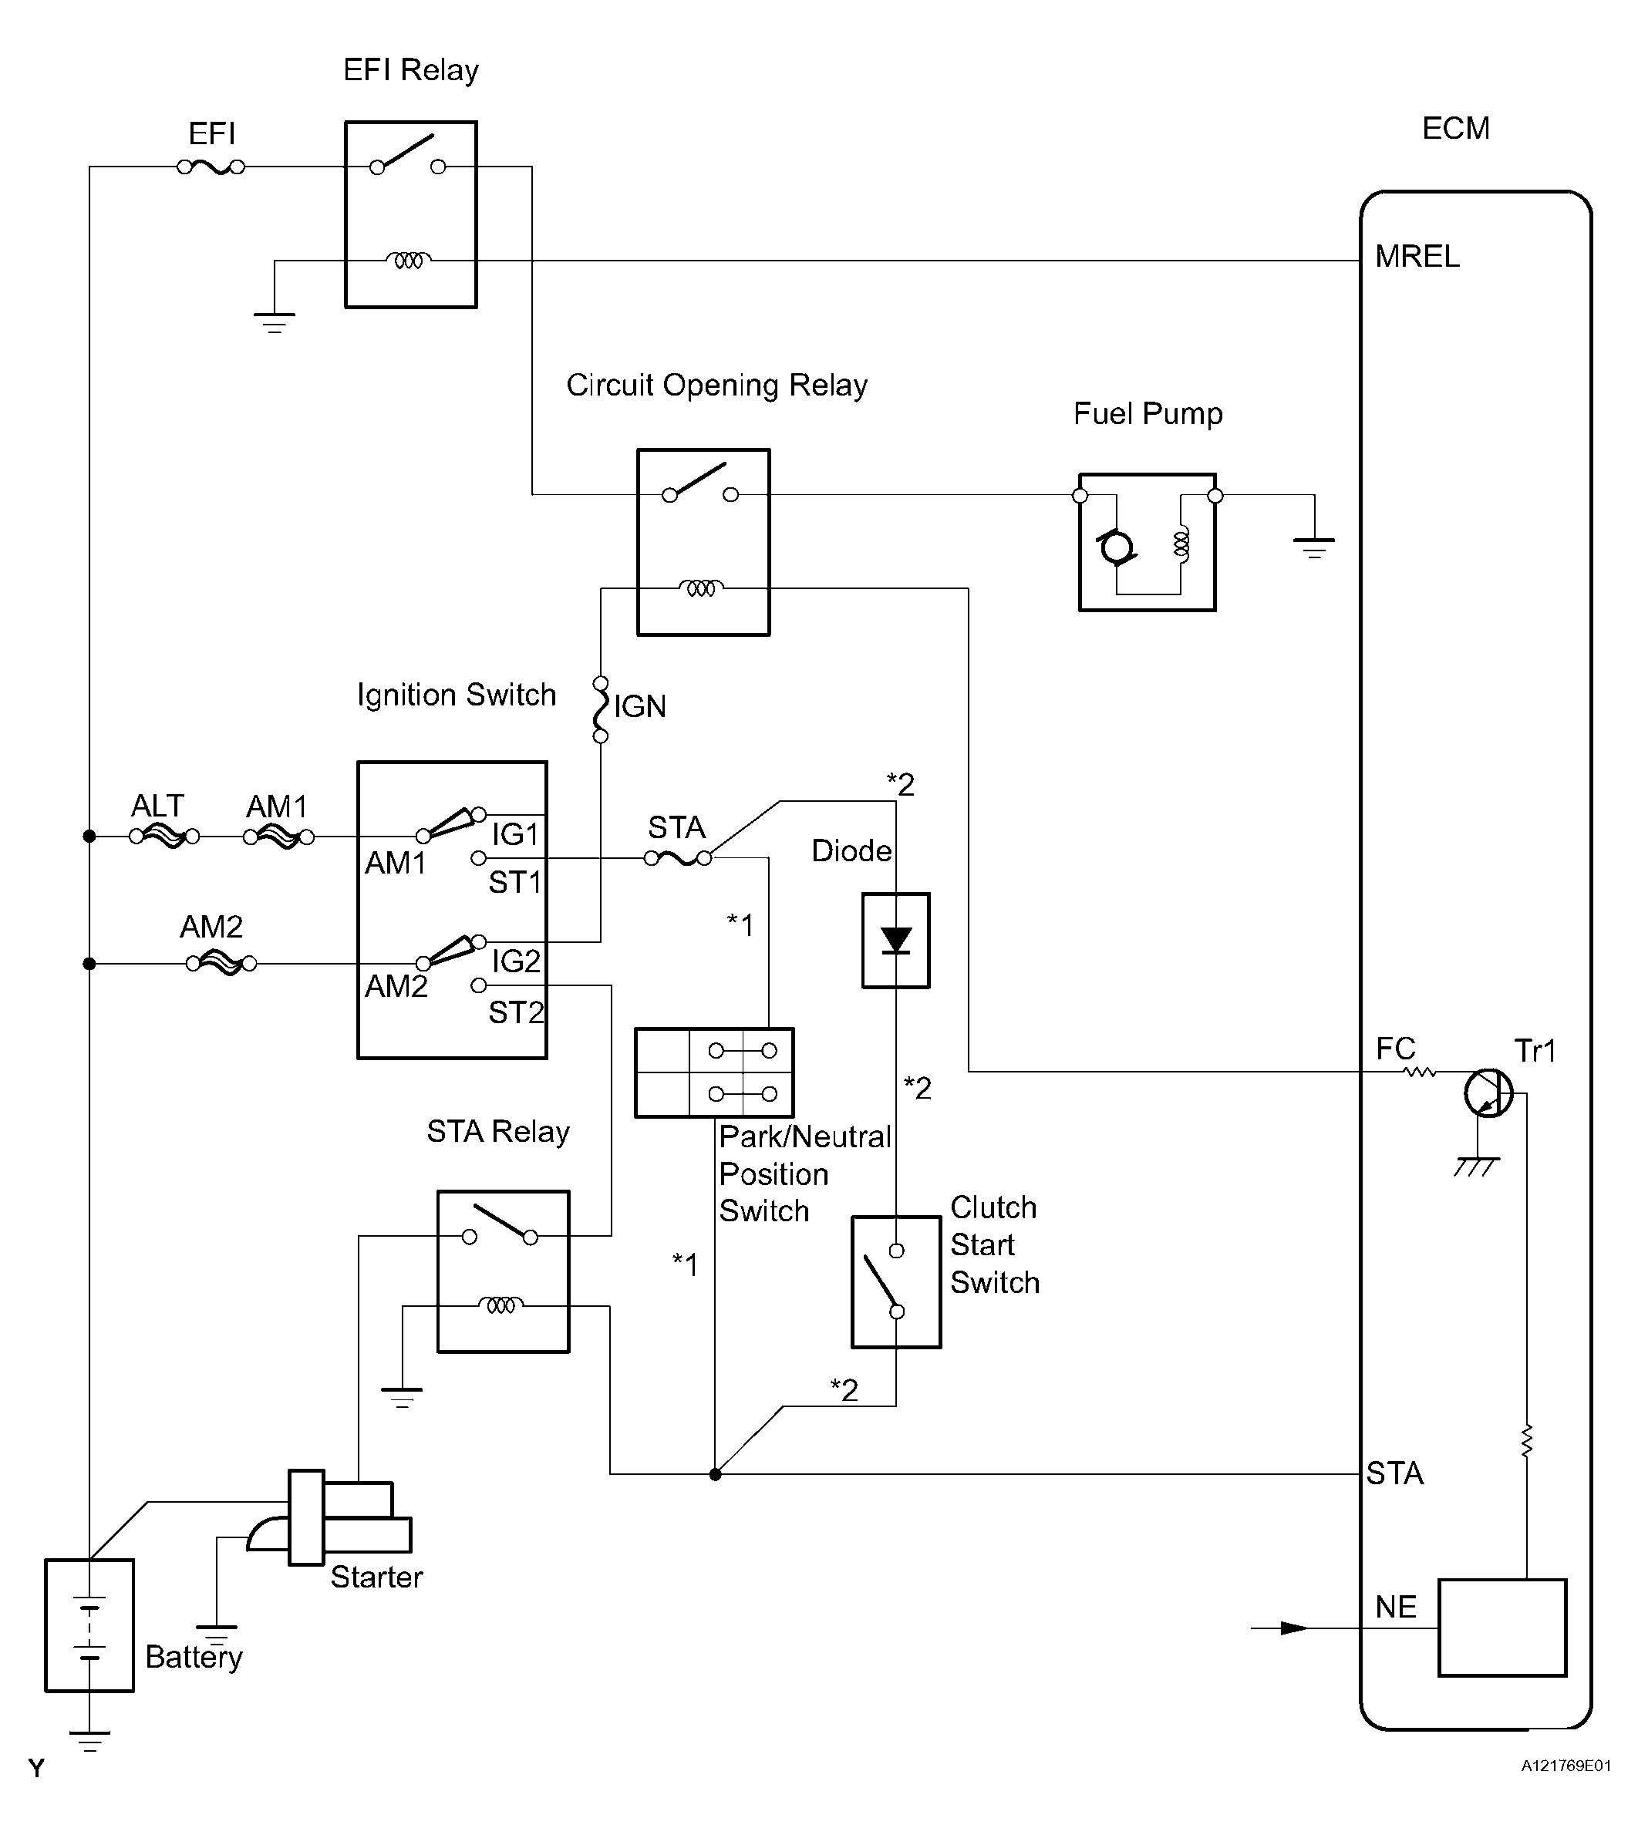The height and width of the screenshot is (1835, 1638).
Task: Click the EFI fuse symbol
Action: coord(211,167)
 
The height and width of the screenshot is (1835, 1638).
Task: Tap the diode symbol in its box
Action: coord(895,941)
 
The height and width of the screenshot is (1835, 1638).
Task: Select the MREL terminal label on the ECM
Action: coord(1417,258)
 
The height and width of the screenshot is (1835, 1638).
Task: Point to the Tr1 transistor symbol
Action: coord(1488,1093)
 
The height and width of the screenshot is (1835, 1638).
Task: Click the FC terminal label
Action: coord(1396,1049)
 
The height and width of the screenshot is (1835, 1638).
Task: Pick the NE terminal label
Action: coord(1396,1608)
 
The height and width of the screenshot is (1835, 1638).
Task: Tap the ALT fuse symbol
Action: coord(163,837)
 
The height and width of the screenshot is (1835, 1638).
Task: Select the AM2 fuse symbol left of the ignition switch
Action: coord(221,964)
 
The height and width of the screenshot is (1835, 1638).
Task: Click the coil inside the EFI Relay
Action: coord(409,261)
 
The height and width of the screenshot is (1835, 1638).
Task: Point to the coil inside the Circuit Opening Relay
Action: coord(701,588)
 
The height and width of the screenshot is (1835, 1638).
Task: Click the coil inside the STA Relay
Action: coord(501,1305)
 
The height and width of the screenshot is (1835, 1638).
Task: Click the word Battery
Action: coord(194,1657)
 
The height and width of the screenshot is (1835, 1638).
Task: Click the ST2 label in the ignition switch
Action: coord(516,1013)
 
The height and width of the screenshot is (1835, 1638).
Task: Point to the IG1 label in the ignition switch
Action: coord(516,835)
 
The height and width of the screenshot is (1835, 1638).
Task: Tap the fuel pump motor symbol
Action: coord(1116,547)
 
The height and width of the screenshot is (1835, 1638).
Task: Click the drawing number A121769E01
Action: coord(1566,1791)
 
